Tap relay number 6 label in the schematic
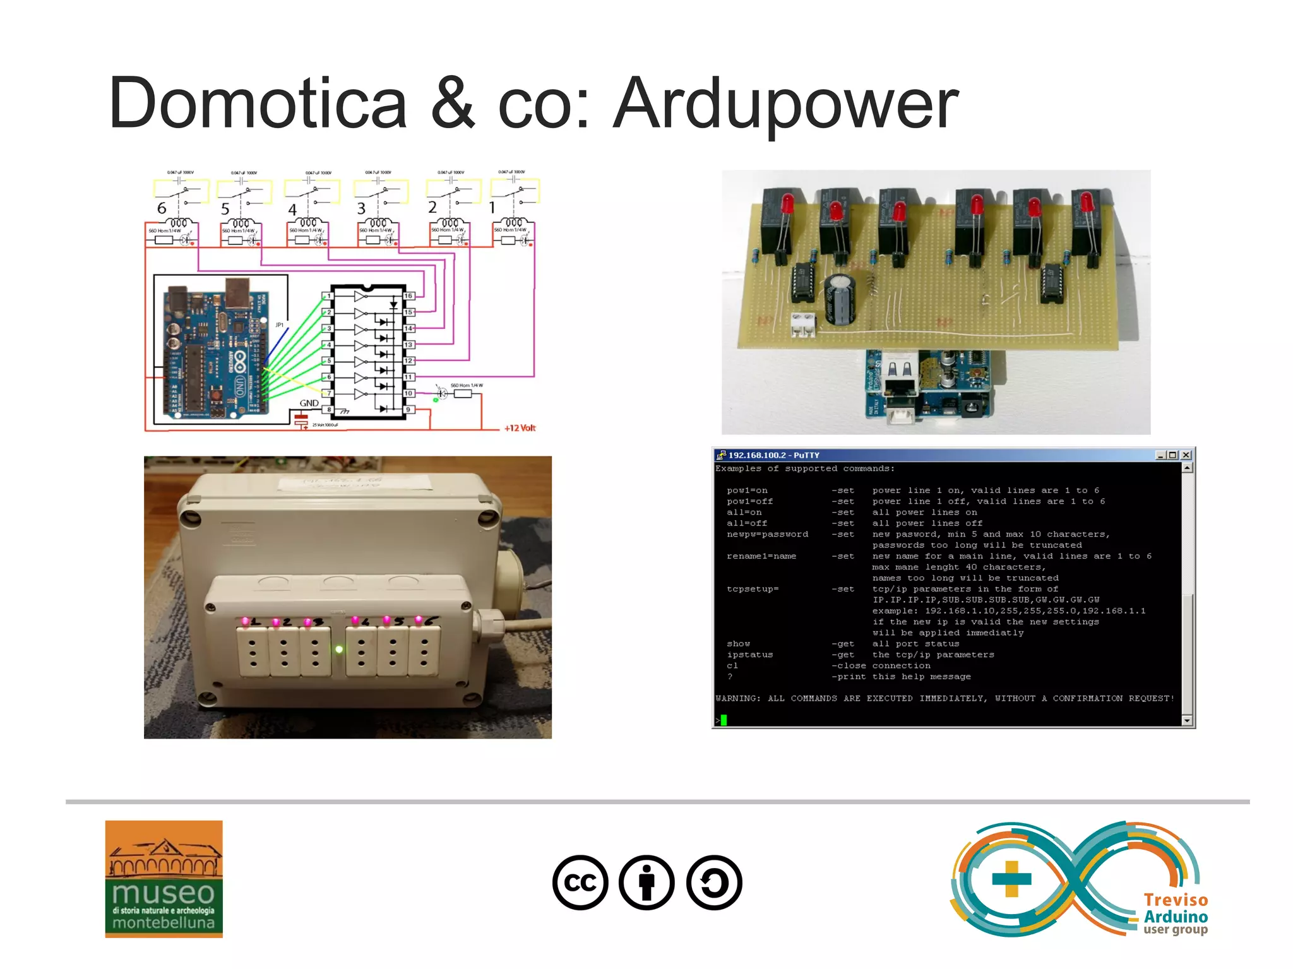click(x=162, y=208)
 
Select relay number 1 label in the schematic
click(x=492, y=208)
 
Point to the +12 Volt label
click(x=520, y=428)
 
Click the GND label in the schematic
click(x=309, y=403)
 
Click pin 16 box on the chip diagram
click(x=408, y=295)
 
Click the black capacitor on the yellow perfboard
click(x=839, y=299)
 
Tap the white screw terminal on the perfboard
click(x=803, y=324)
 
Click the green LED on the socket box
click(x=339, y=649)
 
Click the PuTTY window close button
click(x=1186, y=455)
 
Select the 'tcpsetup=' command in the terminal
click(x=753, y=589)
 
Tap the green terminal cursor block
click(x=724, y=720)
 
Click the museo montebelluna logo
click(x=164, y=879)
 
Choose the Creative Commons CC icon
click(x=580, y=883)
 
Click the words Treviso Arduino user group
click(x=1175, y=915)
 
